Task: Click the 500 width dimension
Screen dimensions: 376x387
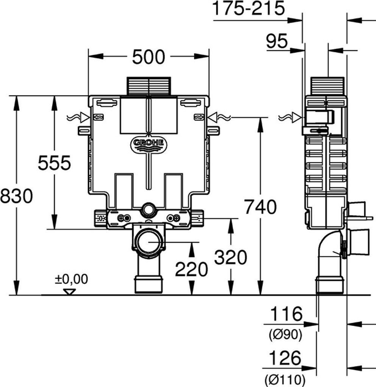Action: click(148, 57)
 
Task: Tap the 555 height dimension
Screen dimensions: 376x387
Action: click(55, 163)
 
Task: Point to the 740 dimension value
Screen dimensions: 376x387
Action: click(261, 207)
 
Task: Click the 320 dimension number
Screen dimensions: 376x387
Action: click(230, 257)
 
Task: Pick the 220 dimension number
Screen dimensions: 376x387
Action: click(192, 269)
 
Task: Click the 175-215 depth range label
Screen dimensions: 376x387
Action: click(248, 8)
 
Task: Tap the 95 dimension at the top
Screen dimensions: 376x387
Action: click(277, 41)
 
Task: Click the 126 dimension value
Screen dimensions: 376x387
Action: click(285, 358)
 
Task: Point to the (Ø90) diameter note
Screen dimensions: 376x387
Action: click(286, 335)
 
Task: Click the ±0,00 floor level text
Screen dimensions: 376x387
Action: click(72, 279)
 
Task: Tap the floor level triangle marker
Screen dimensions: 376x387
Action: click(69, 292)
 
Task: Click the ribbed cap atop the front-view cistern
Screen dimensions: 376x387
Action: click(149, 86)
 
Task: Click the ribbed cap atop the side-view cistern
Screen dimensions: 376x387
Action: click(327, 86)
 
